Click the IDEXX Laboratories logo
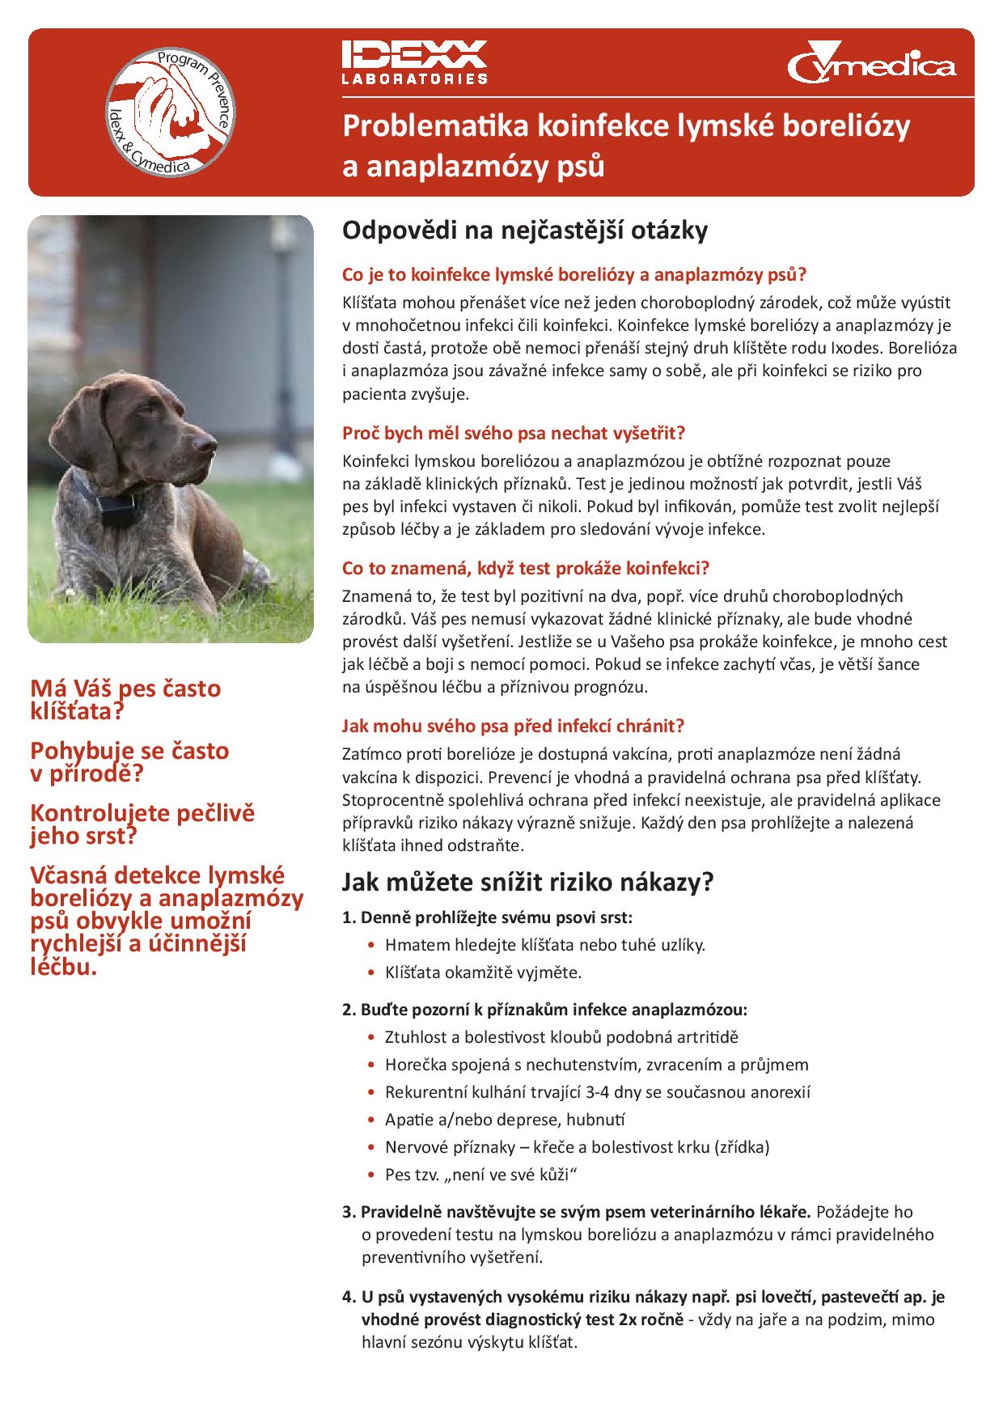click(413, 61)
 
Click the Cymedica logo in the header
click(870, 63)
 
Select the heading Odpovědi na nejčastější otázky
click(525, 231)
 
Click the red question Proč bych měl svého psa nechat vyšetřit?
click(514, 433)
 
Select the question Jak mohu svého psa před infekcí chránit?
click(514, 725)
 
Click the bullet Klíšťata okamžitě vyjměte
click(484, 972)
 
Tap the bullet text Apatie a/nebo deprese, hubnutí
click(505, 1120)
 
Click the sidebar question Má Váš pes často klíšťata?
click(125, 700)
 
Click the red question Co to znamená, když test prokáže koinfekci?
click(526, 568)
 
